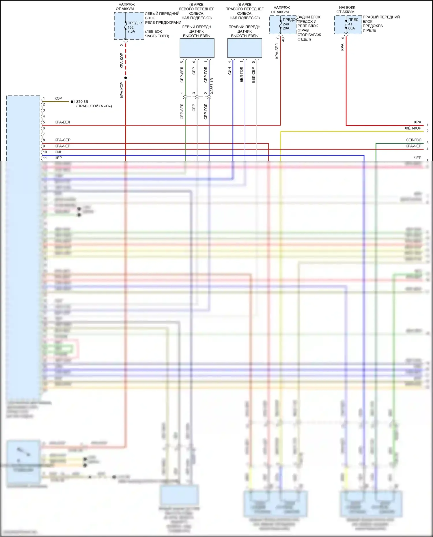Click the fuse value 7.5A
click(131, 31)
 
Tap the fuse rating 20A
click(286, 28)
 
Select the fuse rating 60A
click(352, 28)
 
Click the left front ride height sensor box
click(197, 48)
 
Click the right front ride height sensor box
click(245, 48)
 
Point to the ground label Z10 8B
click(82, 102)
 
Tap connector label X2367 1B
click(212, 86)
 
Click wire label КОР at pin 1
click(58, 98)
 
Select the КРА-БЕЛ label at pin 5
click(62, 122)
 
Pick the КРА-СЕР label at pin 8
click(63, 140)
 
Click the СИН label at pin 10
click(59, 152)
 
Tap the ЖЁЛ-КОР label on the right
click(413, 128)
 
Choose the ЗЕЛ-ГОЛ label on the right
click(414, 140)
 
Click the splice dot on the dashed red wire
click(126, 78)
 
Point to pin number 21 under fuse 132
click(122, 44)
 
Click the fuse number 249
click(286, 24)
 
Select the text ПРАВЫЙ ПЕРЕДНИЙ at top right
click(381, 17)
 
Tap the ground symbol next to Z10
click(72, 102)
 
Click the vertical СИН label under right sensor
click(230, 71)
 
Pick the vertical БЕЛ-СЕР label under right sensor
click(253, 75)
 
